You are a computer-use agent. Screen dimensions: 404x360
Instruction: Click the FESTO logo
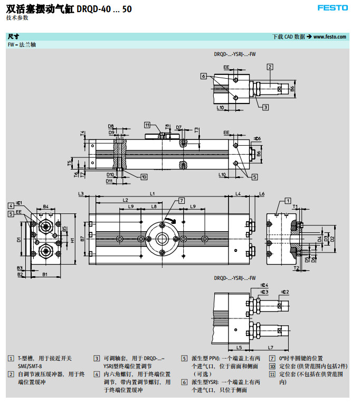(x=333, y=7)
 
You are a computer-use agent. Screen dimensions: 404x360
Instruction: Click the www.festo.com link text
(x=330, y=37)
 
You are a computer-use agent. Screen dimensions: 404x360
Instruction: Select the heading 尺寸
(x=13, y=37)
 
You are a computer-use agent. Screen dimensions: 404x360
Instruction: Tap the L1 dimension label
(x=152, y=194)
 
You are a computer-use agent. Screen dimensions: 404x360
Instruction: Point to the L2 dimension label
(x=125, y=200)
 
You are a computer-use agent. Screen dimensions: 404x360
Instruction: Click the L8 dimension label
(x=154, y=206)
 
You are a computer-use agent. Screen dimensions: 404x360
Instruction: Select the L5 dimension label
(x=239, y=347)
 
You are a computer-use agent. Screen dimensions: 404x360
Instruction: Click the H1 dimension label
(x=72, y=240)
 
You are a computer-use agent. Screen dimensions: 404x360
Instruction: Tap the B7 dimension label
(x=82, y=239)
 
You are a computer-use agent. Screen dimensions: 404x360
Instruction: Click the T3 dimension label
(x=196, y=129)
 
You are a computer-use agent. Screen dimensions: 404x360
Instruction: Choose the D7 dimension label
(x=179, y=127)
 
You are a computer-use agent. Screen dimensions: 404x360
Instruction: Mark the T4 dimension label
(x=82, y=133)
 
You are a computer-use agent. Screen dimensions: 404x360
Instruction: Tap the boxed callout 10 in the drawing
(x=144, y=177)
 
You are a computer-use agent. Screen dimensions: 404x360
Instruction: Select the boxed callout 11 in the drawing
(x=147, y=125)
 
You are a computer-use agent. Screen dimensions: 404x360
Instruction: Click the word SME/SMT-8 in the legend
(x=30, y=365)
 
